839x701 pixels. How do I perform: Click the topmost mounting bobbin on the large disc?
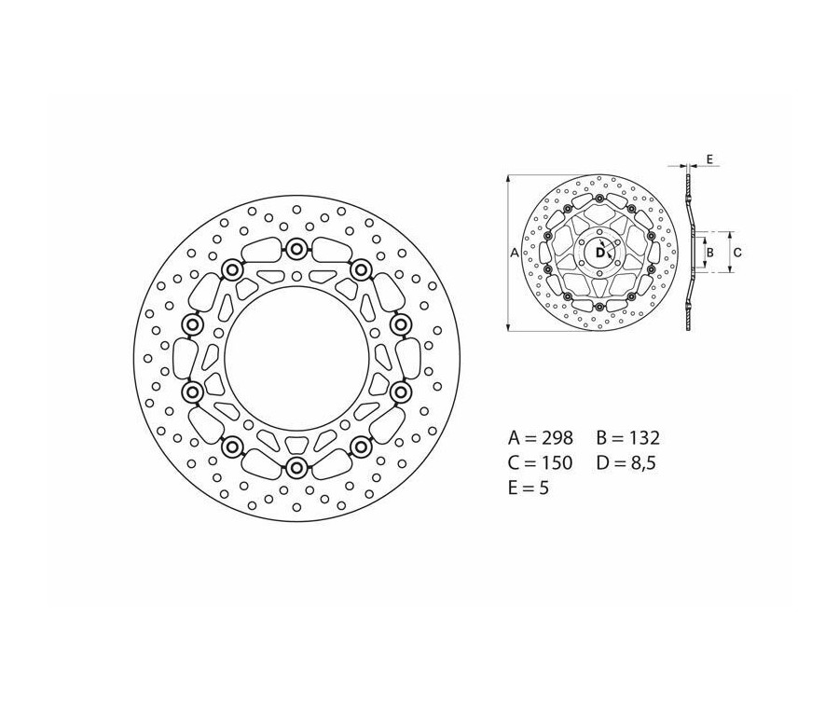296,249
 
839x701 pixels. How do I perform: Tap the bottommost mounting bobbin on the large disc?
296,467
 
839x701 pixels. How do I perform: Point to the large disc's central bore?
296,358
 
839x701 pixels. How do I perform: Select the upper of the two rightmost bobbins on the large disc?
401,324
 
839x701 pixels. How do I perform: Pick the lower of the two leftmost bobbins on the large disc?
193,392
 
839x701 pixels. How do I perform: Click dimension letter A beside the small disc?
515,253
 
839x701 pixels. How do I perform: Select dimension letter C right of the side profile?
736,252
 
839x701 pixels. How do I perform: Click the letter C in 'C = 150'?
515,462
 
